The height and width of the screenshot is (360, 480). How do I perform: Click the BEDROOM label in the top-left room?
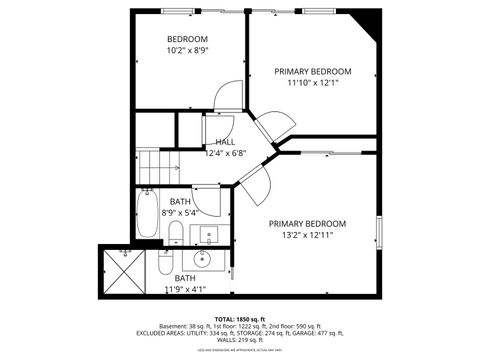click(x=187, y=39)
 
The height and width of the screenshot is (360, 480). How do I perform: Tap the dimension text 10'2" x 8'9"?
click(x=187, y=50)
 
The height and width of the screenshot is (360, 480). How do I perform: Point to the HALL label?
click(x=225, y=142)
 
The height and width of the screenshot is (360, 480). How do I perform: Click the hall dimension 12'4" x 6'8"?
click(x=225, y=153)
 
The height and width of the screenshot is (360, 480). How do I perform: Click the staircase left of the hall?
click(x=155, y=165)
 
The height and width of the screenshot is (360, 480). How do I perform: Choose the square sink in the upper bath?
click(x=208, y=236)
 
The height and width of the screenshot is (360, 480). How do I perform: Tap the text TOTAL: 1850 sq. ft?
click(x=239, y=318)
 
